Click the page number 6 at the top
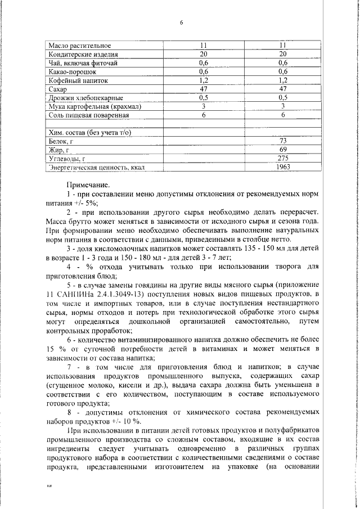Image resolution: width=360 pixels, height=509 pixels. tap(181, 22)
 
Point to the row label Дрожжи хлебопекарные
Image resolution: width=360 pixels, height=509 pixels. tap(85, 98)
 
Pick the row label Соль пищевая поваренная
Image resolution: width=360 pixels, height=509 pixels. tap(89, 115)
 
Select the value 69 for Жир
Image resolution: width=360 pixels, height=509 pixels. tap(283, 150)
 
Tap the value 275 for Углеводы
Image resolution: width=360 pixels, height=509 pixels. tap(283, 159)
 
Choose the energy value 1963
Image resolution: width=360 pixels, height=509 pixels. tap(283, 168)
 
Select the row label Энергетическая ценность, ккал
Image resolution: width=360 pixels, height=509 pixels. tap(98, 168)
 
